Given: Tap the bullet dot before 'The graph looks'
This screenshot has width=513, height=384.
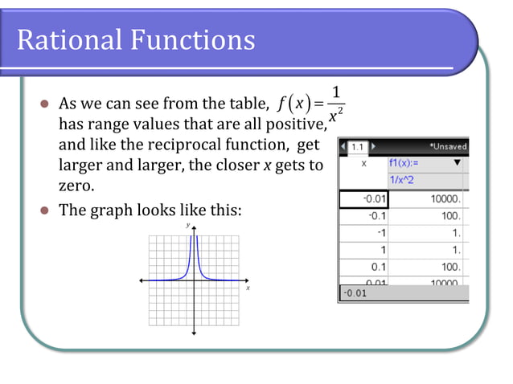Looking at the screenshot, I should pyautogui.click(x=45, y=211).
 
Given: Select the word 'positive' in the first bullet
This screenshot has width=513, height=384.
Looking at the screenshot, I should pyautogui.click(x=297, y=125).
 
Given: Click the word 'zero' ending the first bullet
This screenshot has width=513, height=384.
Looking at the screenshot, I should pyautogui.click(x=74, y=186).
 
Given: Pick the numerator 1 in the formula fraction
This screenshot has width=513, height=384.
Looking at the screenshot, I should pyautogui.click(x=336, y=91).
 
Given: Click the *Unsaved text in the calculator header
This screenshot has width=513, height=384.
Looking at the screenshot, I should pyautogui.click(x=447, y=147).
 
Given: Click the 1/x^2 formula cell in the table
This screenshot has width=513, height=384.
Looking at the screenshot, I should pyautogui.click(x=404, y=180).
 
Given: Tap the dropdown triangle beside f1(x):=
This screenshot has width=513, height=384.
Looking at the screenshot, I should pyautogui.click(x=458, y=163).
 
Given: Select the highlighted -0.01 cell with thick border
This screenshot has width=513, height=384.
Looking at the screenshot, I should pyautogui.click(x=363, y=198).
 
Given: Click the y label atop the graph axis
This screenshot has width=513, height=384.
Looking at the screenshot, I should pyautogui.click(x=188, y=226).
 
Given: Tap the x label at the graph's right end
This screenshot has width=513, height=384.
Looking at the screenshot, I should pyautogui.click(x=248, y=287).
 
